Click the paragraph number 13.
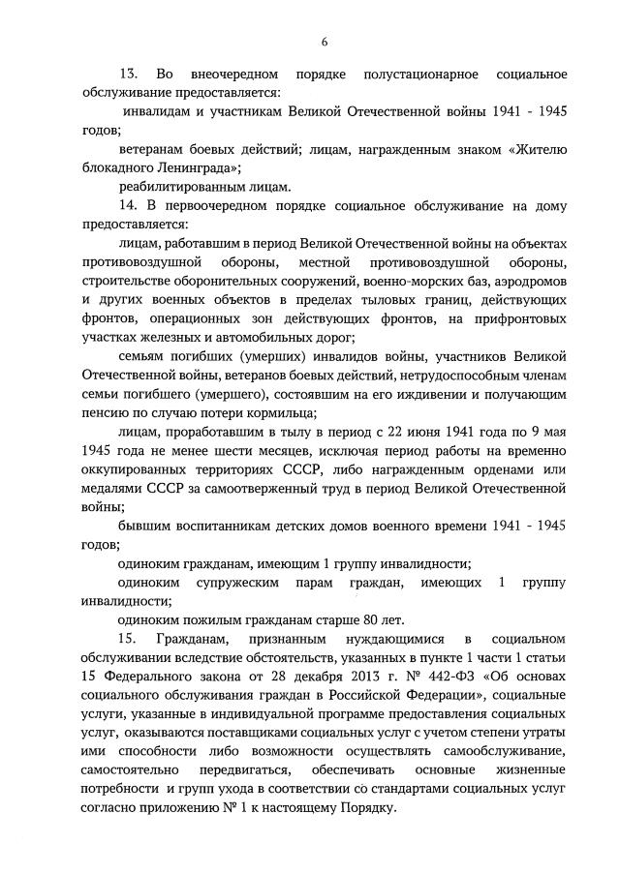tap(128, 75)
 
